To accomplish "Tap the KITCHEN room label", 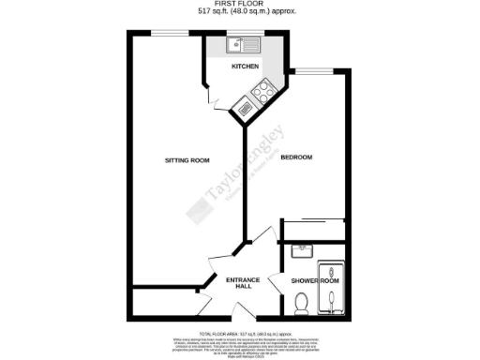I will (246, 67).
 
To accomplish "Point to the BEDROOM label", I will (295, 157).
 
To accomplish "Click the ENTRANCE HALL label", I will (230, 281).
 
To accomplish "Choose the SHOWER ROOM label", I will (316, 280).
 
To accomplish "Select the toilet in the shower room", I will (301, 302).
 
